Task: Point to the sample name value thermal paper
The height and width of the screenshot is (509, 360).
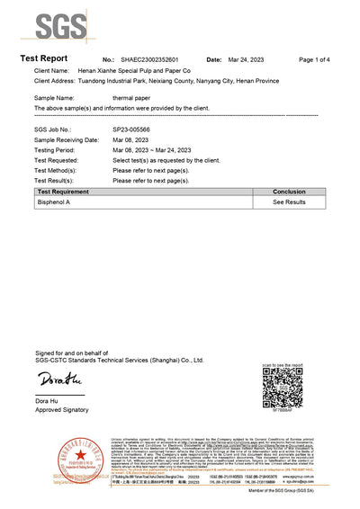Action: [131, 96]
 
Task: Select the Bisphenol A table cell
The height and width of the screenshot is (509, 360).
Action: [55, 203]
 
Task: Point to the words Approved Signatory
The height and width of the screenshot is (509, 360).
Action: [61, 409]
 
